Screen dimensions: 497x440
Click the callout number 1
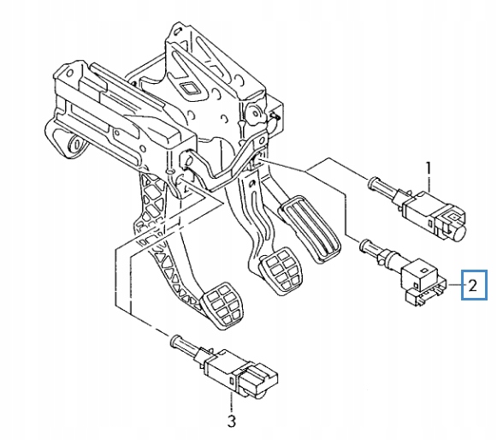tap(429, 168)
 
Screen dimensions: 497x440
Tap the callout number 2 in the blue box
tap(472, 285)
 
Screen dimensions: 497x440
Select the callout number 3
tap(232, 422)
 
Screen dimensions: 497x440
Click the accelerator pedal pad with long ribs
tap(310, 228)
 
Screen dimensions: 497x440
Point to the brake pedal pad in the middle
tap(281, 271)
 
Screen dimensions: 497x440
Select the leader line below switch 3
tap(232, 402)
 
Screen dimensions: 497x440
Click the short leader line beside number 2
tap(455, 285)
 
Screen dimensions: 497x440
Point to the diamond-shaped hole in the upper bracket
tap(191, 89)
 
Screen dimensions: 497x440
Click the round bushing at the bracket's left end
tap(75, 145)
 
